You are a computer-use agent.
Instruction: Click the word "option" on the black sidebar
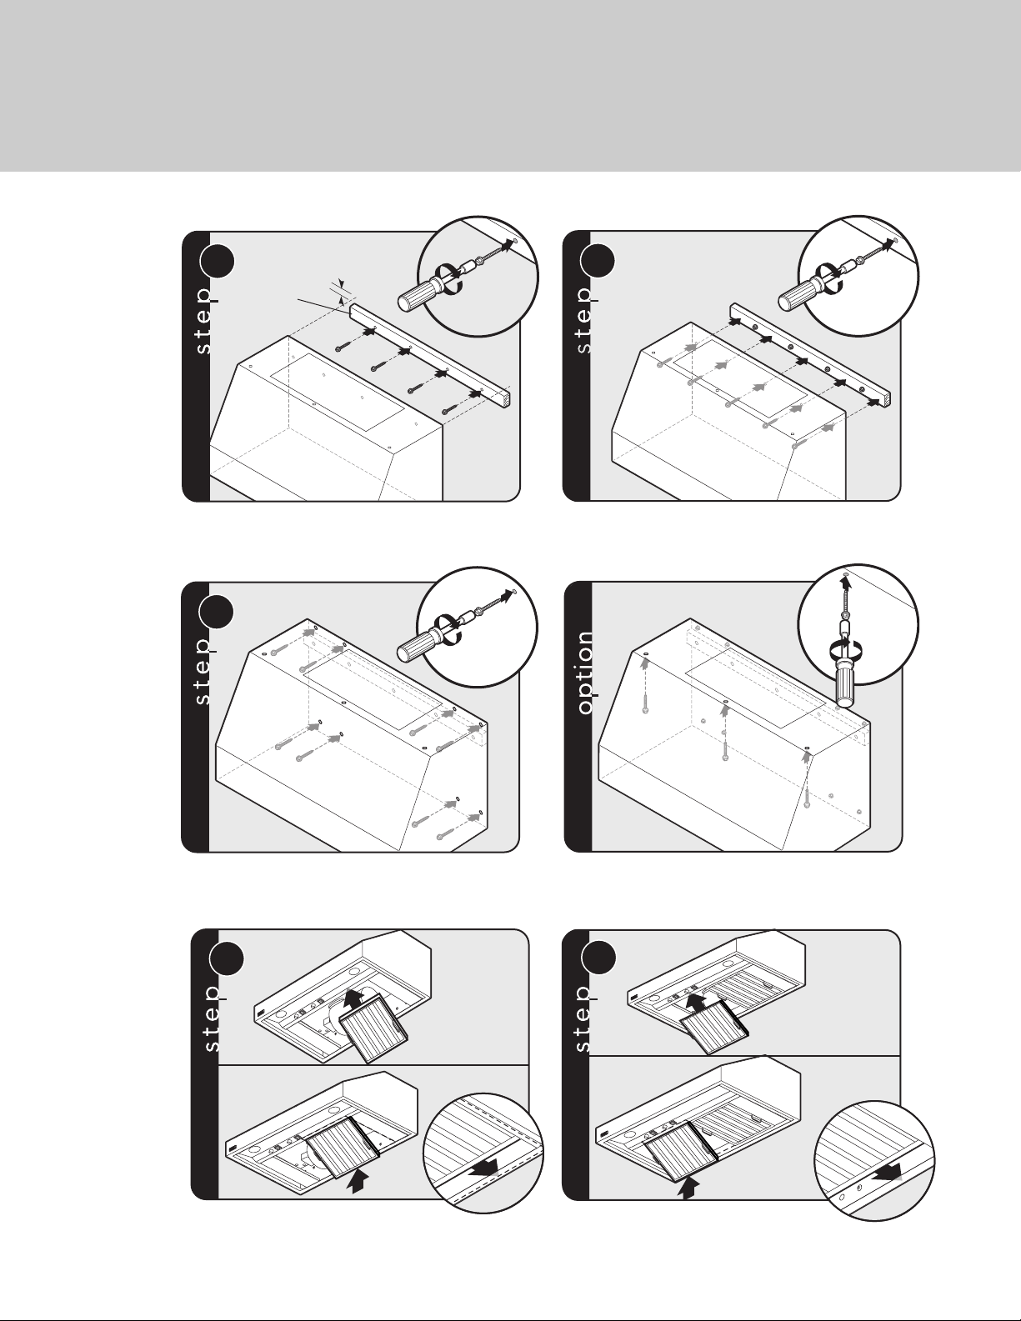[x=586, y=673]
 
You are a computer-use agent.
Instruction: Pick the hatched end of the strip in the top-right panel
[x=888, y=398]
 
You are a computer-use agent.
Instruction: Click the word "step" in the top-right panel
[x=584, y=320]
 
